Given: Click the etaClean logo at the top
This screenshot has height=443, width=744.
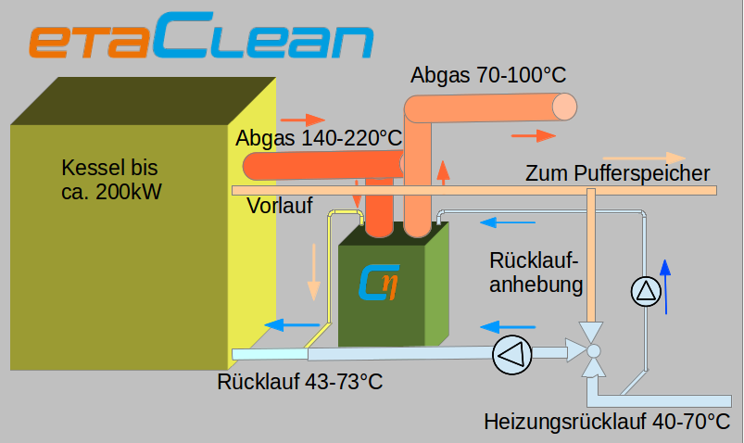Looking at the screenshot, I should [200, 41].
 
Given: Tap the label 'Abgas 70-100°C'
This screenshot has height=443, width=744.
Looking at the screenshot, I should [488, 74].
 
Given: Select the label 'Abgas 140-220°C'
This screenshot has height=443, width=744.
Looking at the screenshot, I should [319, 139].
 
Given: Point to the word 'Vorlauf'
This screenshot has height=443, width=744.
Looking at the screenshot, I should [280, 206].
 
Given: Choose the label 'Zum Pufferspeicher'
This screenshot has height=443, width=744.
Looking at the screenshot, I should [617, 173].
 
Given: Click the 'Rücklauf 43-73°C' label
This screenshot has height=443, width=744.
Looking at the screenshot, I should [300, 381].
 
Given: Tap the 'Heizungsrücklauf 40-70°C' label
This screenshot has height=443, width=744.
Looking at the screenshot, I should [607, 422].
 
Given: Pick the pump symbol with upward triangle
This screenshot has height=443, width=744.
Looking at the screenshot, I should [647, 293].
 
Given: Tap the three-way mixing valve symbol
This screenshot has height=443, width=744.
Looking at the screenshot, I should [593, 350].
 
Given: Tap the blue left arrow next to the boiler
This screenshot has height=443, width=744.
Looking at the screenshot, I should [285, 324].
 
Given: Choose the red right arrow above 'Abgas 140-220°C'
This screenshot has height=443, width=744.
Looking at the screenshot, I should [303, 120].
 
